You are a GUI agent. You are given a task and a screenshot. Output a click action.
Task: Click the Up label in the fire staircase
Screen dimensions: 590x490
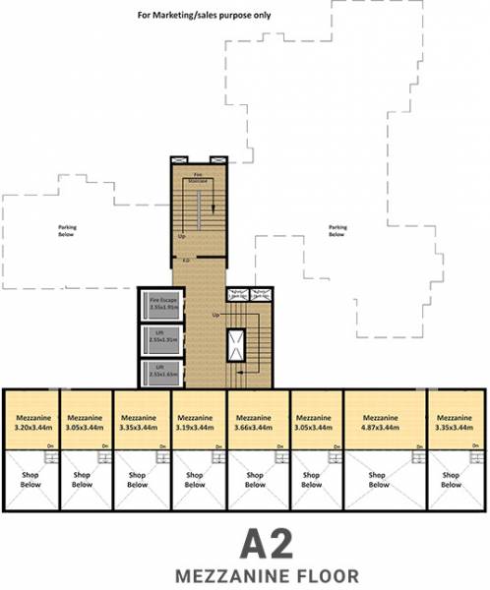[x=182, y=237]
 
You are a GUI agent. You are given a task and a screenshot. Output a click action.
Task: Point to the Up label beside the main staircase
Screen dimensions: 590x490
[x=215, y=315]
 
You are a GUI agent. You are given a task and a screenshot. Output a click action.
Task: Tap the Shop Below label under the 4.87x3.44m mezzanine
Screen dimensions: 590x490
[x=378, y=480]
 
